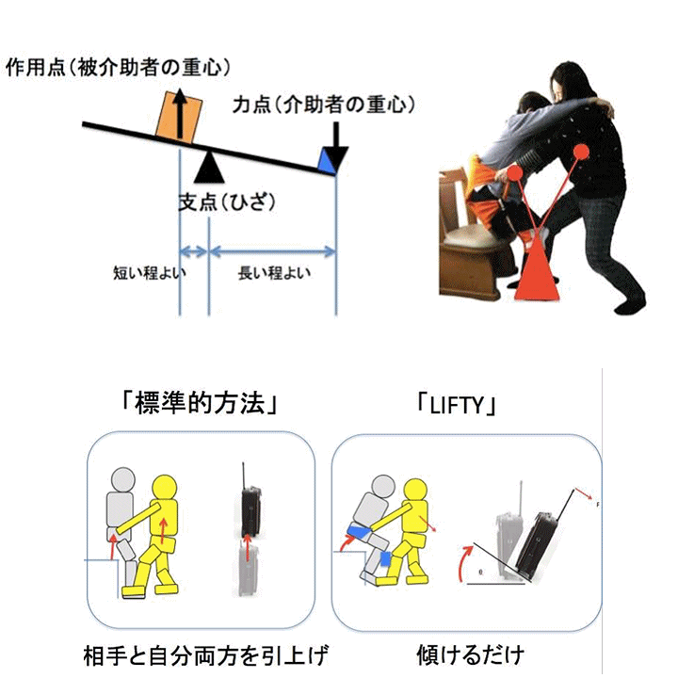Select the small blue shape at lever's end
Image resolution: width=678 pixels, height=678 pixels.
[x=328, y=164]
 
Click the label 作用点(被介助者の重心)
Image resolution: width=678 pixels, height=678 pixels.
[x=118, y=68]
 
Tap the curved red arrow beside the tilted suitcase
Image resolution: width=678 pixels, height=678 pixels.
[x=465, y=562]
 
